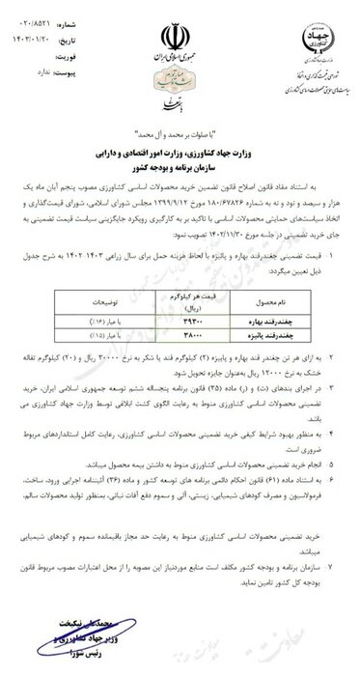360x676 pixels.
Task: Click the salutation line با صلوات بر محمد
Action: pos(180,130)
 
